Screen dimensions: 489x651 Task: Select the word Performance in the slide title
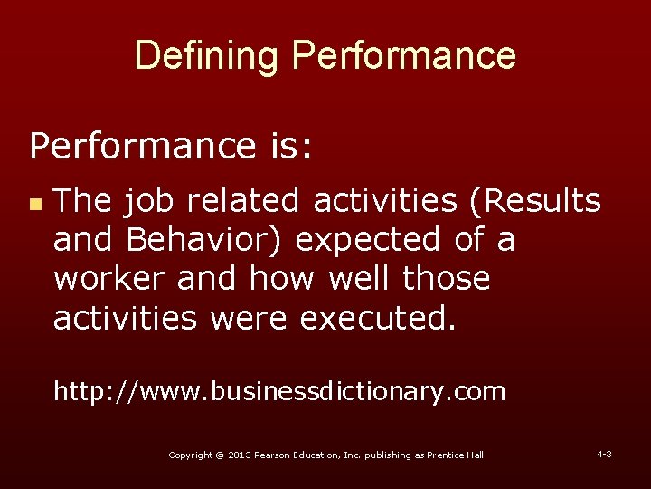click(x=403, y=56)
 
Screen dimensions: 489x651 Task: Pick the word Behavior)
click(x=204, y=240)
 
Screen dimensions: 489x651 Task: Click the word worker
click(x=110, y=279)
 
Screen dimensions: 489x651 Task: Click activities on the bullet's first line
click(x=385, y=201)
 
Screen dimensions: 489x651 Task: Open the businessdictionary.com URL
click(x=278, y=391)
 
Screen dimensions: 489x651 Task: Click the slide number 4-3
click(x=604, y=453)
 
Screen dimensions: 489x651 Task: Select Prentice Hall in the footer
click(x=456, y=455)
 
